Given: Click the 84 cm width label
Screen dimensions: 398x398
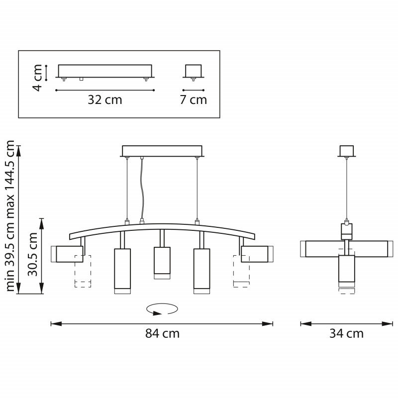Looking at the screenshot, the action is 162,333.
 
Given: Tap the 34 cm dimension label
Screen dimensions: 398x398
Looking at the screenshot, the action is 346,333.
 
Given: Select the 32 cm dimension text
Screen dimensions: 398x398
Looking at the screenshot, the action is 105,100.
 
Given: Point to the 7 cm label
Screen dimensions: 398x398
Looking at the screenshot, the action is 194,100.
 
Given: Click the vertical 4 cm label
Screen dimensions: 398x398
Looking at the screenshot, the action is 37,78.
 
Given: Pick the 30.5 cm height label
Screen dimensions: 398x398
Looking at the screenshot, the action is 32,254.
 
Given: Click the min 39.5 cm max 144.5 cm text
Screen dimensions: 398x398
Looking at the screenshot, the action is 10,216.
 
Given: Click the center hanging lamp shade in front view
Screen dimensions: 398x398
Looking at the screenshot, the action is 162,263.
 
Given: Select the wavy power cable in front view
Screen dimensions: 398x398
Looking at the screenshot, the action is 142,189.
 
